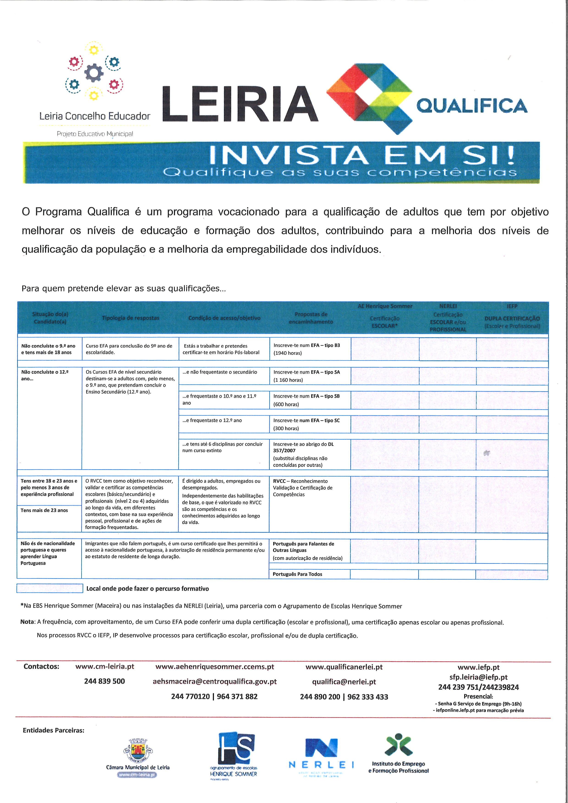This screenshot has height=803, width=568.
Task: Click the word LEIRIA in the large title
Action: click(240, 104)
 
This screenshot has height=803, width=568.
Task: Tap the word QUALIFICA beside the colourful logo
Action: click(472, 106)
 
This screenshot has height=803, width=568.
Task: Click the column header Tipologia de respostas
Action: click(131, 318)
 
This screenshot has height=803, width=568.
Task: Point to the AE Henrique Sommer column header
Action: click(385, 306)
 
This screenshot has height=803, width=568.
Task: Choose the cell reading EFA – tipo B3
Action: click(310, 349)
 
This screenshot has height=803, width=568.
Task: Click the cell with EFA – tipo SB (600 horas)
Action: click(310, 400)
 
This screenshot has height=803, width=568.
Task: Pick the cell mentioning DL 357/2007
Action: click(310, 454)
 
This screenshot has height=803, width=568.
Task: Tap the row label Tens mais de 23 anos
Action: click(44, 510)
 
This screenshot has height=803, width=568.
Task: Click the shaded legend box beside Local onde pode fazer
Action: click(50, 588)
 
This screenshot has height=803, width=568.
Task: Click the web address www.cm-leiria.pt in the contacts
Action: click(105, 666)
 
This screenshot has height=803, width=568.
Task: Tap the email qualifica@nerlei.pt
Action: click(344, 682)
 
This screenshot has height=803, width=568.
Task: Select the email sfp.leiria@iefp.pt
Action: click(478, 677)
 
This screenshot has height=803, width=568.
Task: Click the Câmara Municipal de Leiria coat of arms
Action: click(138, 751)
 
